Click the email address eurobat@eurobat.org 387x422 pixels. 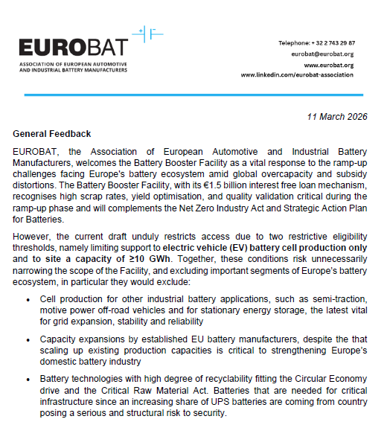click(x=327, y=54)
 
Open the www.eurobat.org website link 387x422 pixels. click(x=330, y=65)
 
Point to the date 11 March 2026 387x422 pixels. click(x=337, y=117)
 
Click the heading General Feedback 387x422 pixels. click(x=52, y=134)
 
